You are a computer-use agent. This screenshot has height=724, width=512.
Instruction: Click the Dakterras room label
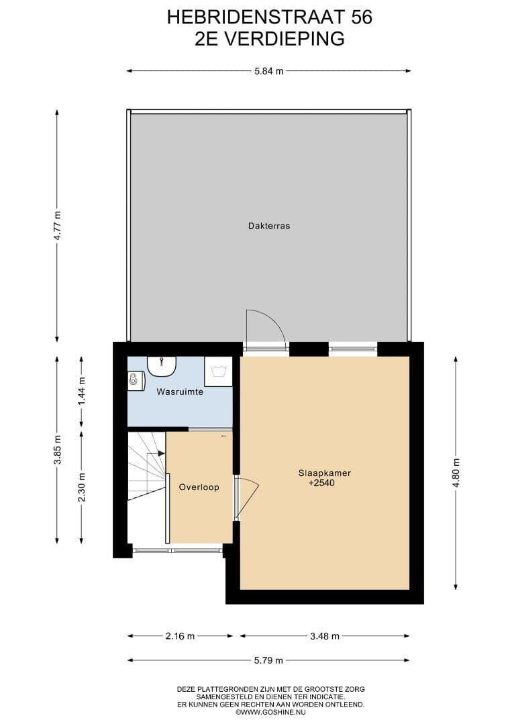click(269, 227)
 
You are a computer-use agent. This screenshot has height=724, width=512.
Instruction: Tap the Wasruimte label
click(180, 392)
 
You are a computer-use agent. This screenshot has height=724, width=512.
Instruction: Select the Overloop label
click(199, 487)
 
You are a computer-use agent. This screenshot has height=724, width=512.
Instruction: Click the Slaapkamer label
click(324, 473)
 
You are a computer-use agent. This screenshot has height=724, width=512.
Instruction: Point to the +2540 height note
click(322, 483)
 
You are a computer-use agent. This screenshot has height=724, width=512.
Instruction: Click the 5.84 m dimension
click(269, 71)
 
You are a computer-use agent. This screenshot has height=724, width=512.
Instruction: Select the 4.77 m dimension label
click(57, 225)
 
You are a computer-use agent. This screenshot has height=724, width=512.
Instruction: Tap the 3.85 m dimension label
click(57, 450)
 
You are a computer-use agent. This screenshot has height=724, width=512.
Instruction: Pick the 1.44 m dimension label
click(81, 391)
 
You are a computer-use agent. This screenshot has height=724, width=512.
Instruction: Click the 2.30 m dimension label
click(81, 488)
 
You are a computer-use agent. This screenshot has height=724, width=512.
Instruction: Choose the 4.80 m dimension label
click(456, 473)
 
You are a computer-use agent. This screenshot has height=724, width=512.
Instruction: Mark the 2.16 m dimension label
click(181, 636)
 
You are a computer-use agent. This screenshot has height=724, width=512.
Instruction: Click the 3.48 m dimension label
click(324, 636)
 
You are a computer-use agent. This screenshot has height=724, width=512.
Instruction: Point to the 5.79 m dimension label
click(268, 661)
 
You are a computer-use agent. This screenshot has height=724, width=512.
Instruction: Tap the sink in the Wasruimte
click(162, 366)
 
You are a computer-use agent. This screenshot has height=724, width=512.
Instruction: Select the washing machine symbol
click(218, 371)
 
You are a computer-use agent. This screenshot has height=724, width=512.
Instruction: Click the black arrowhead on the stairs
click(161, 453)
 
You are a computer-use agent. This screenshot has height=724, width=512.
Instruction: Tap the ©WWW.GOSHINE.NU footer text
click(271, 713)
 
